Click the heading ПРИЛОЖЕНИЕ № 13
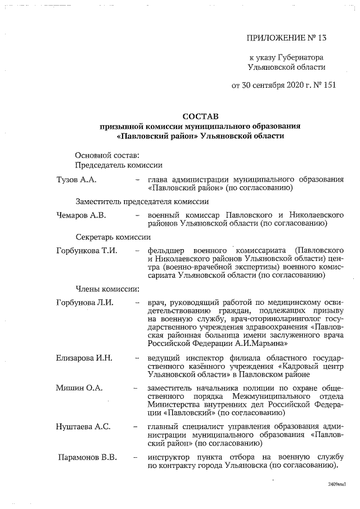286,38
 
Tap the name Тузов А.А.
77,179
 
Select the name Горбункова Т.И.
87,250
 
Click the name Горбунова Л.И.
85,303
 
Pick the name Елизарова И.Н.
85,358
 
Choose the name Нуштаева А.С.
83,427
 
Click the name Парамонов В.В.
88,457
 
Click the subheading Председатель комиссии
119,165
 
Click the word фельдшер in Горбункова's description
166,250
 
